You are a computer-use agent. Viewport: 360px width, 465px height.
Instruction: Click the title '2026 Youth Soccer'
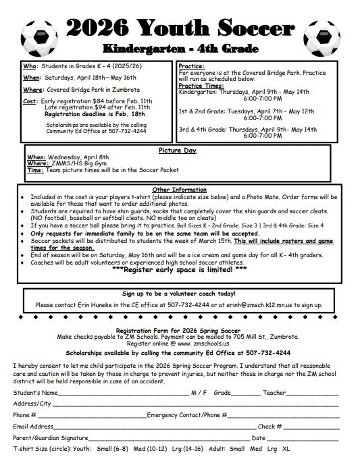click(x=180, y=26)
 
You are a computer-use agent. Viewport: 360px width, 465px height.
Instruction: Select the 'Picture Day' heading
click(x=179, y=150)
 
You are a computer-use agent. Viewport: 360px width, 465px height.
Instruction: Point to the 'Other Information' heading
click(x=180, y=190)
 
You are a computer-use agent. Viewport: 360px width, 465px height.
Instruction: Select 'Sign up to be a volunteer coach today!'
click(x=180, y=294)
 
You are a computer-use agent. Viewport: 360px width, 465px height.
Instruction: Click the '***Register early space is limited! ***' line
click(x=180, y=271)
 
